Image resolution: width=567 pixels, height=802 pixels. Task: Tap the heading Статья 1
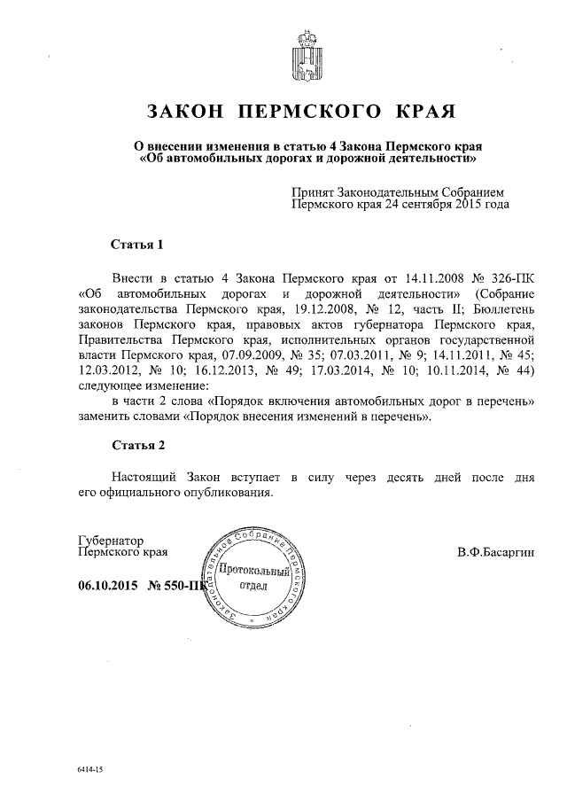coord(135,243)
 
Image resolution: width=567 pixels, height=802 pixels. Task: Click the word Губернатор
coord(111,541)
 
